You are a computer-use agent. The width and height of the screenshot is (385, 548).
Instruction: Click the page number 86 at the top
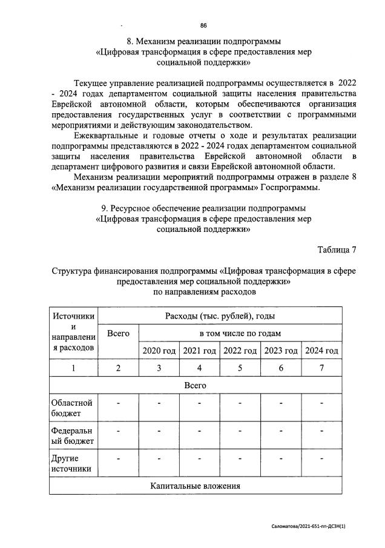click(203, 25)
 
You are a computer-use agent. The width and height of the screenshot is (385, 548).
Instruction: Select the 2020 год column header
click(159, 351)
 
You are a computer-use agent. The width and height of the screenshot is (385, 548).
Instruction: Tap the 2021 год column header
click(199, 351)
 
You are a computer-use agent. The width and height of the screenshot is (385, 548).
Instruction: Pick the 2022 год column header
click(240, 351)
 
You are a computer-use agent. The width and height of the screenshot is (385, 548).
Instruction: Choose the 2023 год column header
click(281, 351)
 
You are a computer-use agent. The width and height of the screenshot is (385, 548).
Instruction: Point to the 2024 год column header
click(321, 351)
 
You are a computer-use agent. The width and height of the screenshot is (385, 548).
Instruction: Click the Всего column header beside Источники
click(118, 334)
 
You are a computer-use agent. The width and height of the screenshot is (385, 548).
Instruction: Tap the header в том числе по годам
click(240, 333)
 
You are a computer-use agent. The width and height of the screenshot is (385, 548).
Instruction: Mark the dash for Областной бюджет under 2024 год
click(321, 403)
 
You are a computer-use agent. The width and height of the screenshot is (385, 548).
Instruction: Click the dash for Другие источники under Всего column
click(118, 459)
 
